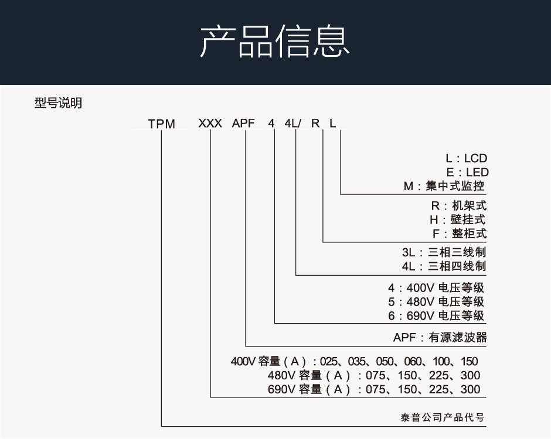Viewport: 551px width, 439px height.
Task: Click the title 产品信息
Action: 275,42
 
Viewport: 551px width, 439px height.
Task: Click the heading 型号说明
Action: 59,103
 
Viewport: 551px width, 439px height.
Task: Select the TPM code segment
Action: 161,124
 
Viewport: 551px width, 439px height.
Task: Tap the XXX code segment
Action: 210,123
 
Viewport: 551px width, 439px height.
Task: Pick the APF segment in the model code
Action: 243,123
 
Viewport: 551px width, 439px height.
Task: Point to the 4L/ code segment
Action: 292,123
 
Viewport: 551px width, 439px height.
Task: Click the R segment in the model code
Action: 315,123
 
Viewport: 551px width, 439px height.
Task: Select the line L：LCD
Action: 467,158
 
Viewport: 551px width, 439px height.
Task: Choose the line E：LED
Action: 467,172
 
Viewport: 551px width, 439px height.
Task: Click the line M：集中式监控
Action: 444,186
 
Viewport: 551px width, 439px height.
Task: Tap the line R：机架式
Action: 459,205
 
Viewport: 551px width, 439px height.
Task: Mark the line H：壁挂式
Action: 458,220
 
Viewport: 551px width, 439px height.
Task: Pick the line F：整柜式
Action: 460,234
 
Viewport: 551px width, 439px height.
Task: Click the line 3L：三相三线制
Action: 444,252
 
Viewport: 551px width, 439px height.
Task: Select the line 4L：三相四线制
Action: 444,266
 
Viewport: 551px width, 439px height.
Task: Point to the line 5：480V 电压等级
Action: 436,302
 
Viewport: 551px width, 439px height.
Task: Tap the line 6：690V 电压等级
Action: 436,316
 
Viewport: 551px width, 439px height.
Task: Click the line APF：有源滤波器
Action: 440,338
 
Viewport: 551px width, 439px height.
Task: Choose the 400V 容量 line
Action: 354,362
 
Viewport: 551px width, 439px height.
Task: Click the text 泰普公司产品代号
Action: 443,417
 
